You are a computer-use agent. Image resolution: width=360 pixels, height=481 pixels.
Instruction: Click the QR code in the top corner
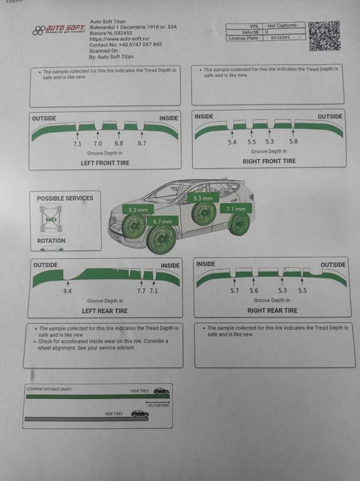(x=325, y=35)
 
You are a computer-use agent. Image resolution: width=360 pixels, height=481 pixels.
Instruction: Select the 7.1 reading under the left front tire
(x=77, y=143)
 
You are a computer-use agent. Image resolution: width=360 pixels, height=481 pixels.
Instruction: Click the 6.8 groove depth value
(x=118, y=143)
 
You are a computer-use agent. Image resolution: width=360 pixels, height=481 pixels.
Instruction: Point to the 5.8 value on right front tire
(x=293, y=142)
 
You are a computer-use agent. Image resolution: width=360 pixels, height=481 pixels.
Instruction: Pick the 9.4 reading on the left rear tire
(x=67, y=291)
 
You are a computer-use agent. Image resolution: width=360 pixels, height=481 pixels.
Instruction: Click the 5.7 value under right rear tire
(x=234, y=290)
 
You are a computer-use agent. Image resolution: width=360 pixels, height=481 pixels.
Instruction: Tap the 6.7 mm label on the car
(x=162, y=222)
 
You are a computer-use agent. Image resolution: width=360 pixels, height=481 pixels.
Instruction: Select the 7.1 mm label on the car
(x=235, y=209)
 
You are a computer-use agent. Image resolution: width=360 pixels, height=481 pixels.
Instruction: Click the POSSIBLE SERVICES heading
(x=65, y=198)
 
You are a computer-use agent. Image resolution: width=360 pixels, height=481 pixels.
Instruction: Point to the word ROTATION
(x=52, y=241)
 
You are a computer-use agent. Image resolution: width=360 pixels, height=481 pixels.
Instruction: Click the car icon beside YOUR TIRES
(x=161, y=391)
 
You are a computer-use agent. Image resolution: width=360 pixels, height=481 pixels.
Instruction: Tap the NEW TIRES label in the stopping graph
(x=114, y=414)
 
